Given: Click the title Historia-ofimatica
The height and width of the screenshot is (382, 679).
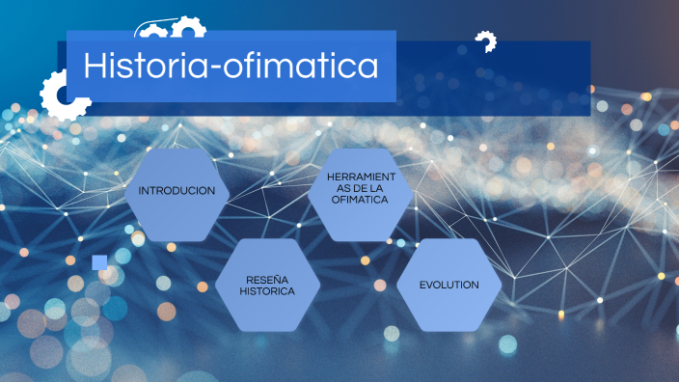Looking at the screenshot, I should pyautogui.click(x=231, y=66).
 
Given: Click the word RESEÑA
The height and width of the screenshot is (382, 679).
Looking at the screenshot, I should pyautogui.click(x=267, y=279).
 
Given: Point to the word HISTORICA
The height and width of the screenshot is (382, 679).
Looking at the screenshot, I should pyautogui.click(x=267, y=290).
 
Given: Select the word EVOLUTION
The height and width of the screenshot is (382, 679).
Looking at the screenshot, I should pyautogui.click(x=448, y=285).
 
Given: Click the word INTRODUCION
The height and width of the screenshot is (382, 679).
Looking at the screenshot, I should pyautogui.click(x=177, y=190).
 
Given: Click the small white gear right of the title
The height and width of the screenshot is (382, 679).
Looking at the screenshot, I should pyautogui.click(x=485, y=42).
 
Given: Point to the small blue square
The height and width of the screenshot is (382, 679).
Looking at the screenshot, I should pyautogui.click(x=99, y=262).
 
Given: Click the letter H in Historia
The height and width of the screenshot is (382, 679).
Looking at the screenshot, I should pyautogui.click(x=95, y=66).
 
